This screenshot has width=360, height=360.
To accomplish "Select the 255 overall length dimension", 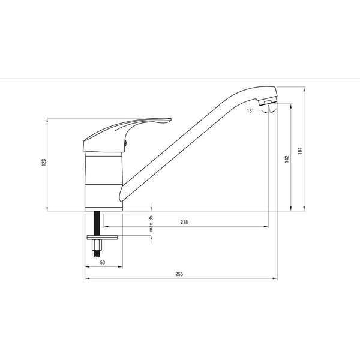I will pos(179,274).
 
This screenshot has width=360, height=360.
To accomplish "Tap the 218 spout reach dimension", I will pos(184,223).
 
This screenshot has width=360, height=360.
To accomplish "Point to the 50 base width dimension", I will pos(103,263).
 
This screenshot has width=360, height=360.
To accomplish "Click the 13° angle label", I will pos(249,111).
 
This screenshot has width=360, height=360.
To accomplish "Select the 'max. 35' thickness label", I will pos(151,223).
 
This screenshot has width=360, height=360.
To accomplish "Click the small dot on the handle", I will pos(125,143).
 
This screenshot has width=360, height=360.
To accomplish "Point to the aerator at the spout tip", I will pos(268,108).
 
